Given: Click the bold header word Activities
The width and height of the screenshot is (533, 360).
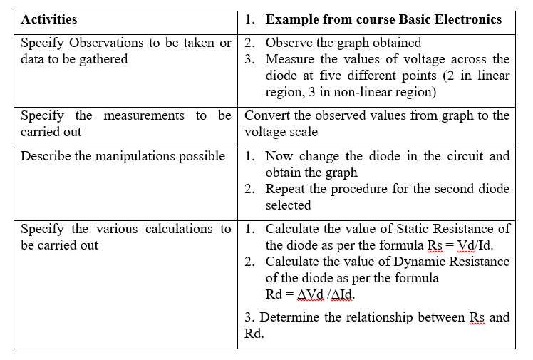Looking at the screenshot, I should pyautogui.click(x=49, y=20).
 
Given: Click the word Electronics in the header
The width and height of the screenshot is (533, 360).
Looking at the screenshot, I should pyautogui.click(x=466, y=20).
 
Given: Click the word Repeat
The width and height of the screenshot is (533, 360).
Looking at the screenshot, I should pyautogui.click(x=287, y=189).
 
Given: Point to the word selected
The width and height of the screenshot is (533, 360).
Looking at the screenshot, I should pyautogui.click(x=289, y=205).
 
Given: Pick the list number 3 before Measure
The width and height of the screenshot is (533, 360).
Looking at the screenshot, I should pyautogui.click(x=249, y=60).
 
